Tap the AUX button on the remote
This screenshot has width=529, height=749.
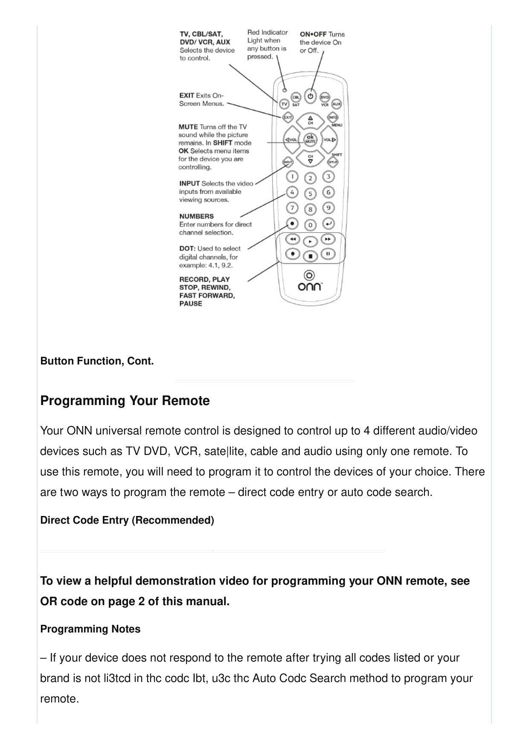(337, 104)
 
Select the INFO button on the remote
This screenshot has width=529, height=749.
(332, 117)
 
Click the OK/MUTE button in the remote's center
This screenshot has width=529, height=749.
(310, 139)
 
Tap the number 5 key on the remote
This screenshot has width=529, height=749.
(310, 194)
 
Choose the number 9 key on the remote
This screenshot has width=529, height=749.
(328, 208)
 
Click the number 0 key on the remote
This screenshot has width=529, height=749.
(310, 225)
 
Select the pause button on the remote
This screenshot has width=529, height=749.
(328, 254)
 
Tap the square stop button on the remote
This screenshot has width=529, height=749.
(310, 256)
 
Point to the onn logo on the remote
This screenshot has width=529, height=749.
(310, 287)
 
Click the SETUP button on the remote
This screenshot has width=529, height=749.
(332, 162)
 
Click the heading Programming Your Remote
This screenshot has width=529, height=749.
(125, 401)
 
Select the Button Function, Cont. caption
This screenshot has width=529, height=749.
(97, 361)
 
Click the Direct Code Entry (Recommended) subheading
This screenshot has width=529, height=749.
(127, 520)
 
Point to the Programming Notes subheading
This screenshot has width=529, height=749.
(90, 629)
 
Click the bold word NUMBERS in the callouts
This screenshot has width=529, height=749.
(196, 216)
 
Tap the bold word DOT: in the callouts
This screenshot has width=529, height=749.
(187, 248)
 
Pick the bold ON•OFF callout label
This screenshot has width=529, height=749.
(313, 34)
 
